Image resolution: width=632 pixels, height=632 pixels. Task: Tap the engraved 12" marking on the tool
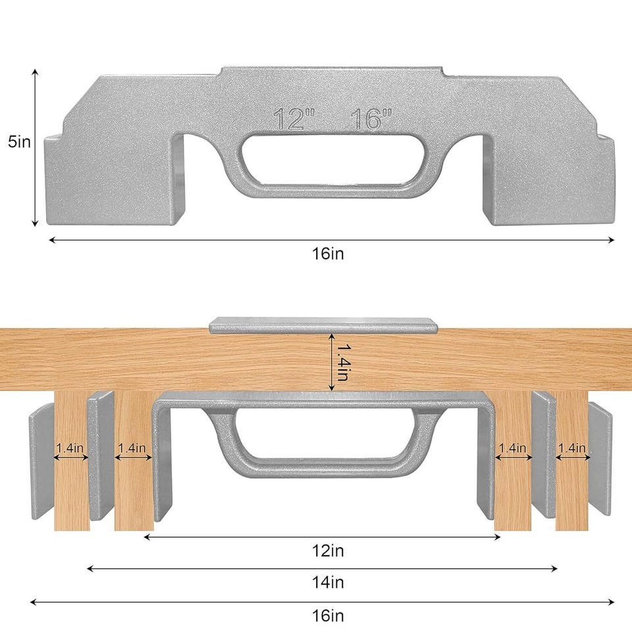(294, 120)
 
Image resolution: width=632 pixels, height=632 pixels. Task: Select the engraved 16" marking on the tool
(371, 120)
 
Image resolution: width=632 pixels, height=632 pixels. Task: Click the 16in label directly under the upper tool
(329, 254)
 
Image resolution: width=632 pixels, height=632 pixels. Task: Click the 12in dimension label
(329, 550)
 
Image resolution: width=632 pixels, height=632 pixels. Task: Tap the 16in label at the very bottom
(329, 616)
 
